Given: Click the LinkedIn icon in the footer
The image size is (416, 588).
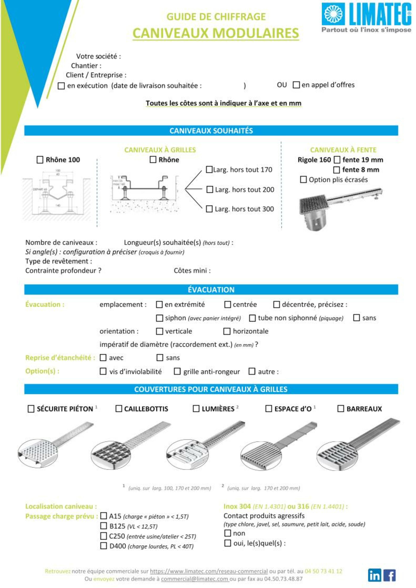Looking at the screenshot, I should (x=375, y=575).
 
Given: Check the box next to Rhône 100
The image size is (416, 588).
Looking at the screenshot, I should (x=40, y=160).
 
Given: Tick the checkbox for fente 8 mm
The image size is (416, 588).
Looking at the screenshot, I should (x=337, y=170).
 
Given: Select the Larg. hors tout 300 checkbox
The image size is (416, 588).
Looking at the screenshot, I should (x=209, y=209).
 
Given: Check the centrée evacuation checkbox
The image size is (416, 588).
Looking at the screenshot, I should (x=227, y=304).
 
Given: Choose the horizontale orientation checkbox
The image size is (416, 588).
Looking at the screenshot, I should (x=227, y=331).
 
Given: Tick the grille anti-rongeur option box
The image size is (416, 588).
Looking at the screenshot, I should (x=177, y=371).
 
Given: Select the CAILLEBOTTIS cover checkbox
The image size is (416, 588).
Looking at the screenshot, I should (x=119, y=409).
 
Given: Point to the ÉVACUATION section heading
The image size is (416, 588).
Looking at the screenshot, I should (x=211, y=290).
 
